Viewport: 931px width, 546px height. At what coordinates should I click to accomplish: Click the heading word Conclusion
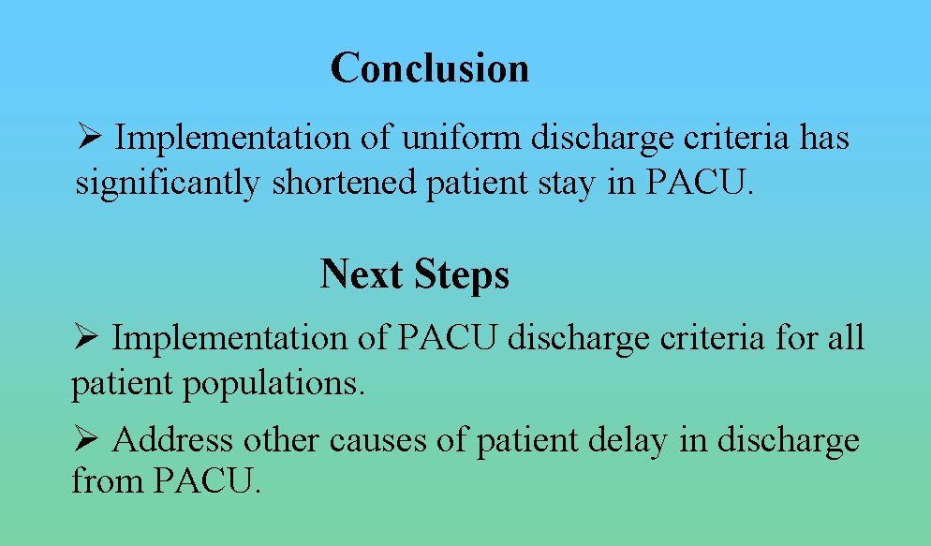(x=430, y=68)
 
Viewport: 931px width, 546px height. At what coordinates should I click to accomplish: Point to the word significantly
(x=168, y=184)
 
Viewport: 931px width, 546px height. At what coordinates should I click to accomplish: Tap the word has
(x=824, y=139)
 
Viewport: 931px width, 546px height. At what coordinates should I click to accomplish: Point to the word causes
(x=374, y=440)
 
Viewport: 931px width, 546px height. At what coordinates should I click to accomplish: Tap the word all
(x=846, y=337)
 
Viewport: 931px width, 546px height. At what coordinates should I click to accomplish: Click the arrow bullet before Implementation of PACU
(x=85, y=337)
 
